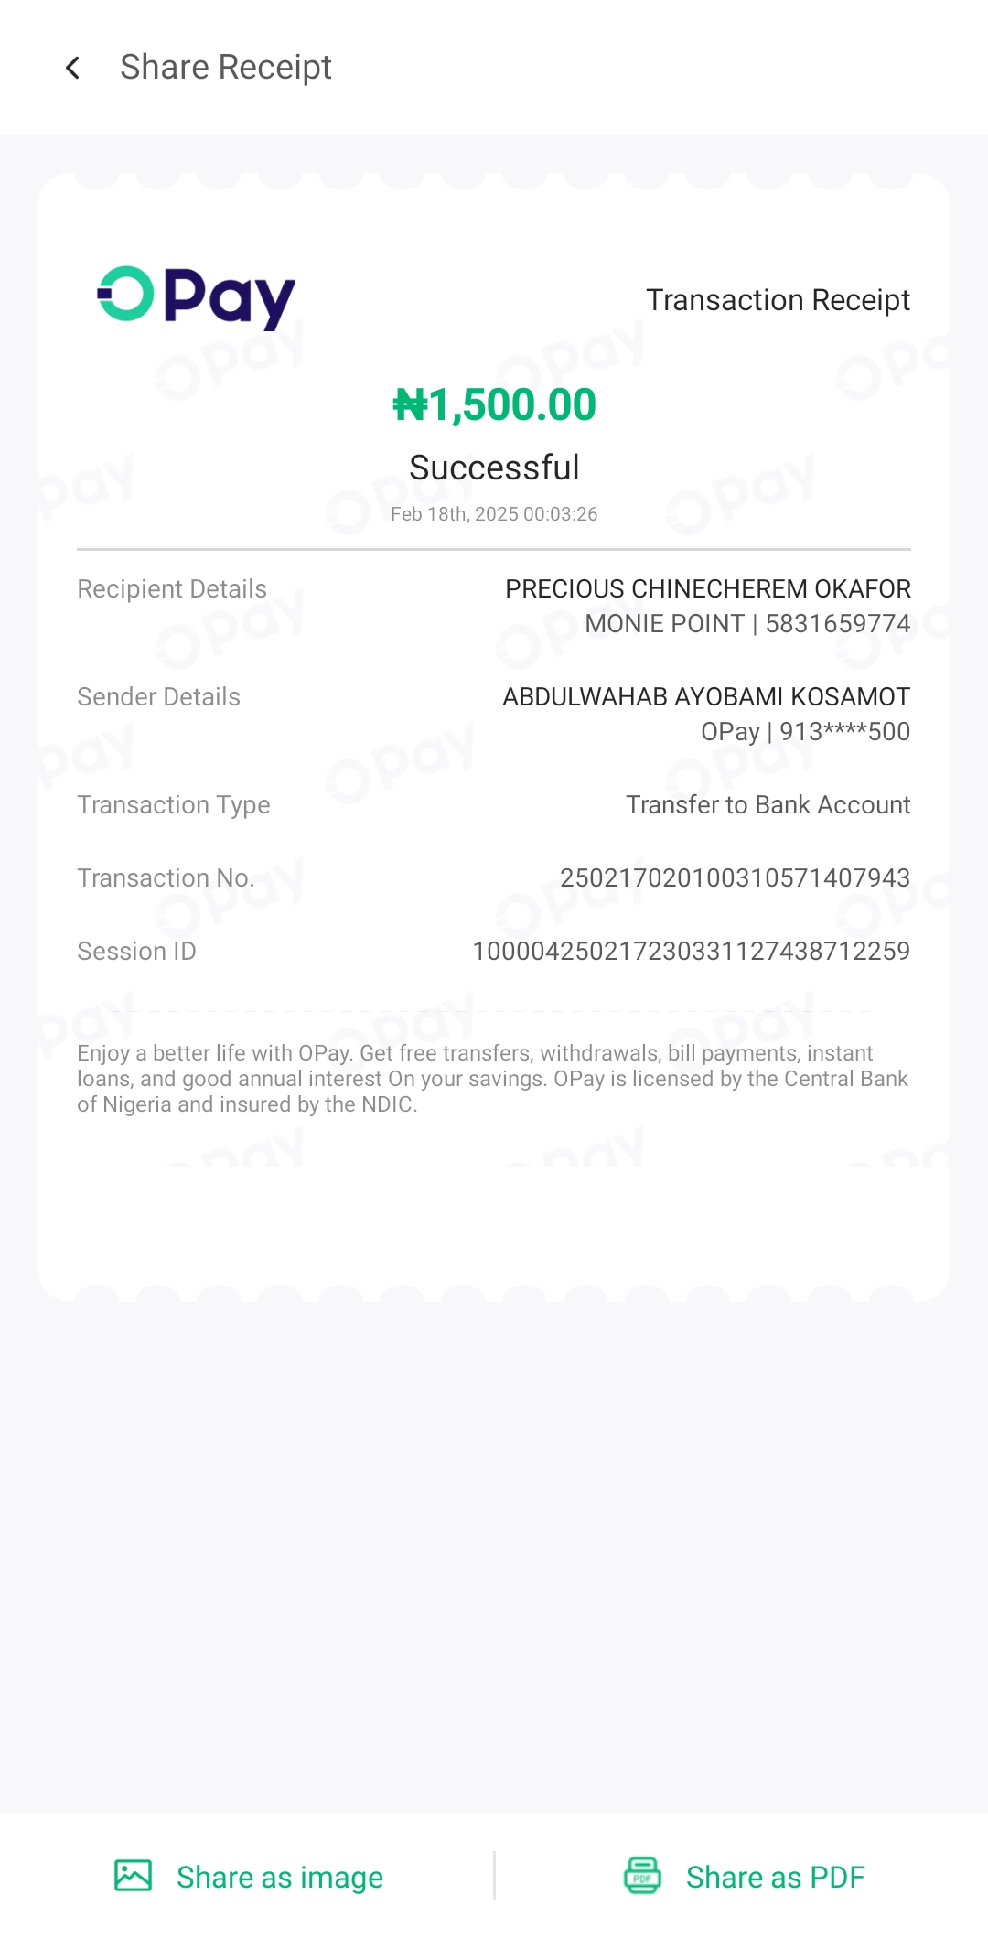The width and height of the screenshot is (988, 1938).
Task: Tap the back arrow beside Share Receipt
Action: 73,68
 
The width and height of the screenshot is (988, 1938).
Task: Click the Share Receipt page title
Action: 225,68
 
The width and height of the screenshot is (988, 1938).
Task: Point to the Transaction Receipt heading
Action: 778,300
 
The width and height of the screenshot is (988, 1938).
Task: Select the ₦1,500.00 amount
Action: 494,405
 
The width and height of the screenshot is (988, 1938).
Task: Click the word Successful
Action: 494,468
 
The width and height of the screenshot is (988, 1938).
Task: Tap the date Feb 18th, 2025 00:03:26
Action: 494,514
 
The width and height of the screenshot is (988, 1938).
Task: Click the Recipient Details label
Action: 172,589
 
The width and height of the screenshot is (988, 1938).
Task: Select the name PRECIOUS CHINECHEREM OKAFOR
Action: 707,589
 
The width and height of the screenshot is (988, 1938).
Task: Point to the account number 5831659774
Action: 837,624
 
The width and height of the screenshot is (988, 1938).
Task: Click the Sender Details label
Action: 158,697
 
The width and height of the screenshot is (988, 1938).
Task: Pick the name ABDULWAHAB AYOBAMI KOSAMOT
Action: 705,697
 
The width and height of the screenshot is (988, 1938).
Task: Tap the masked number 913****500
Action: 844,732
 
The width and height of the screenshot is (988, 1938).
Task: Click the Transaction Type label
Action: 174,805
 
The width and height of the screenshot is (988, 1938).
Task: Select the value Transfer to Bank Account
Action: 768,805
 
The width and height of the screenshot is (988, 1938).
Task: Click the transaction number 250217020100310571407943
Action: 735,878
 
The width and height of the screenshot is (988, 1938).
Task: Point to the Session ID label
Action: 136,952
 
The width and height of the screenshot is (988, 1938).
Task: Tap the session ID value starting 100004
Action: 691,952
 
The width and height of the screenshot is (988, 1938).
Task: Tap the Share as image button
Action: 249,1877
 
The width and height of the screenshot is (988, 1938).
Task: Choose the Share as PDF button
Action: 744,1877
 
